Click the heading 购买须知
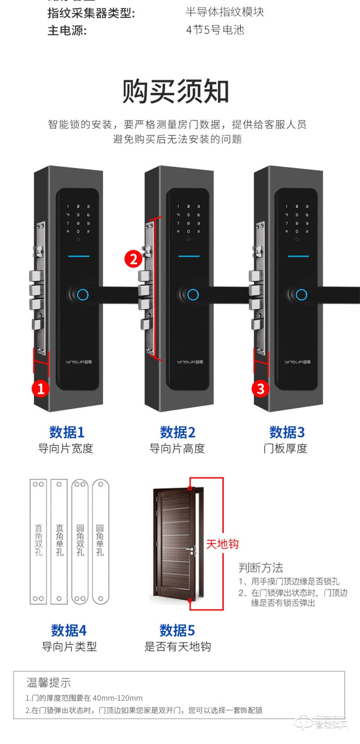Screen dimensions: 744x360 [x=175, y=91]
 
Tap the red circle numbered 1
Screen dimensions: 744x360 [x=40, y=388]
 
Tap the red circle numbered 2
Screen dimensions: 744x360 [x=133, y=259]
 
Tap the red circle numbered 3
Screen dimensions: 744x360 [x=261, y=388]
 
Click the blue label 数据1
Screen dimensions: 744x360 [x=67, y=432]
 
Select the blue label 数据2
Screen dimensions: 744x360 [x=177, y=432]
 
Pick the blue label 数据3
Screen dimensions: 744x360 [x=287, y=432]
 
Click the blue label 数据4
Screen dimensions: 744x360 [x=68, y=630]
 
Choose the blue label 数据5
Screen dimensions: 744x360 [x=177, y=630]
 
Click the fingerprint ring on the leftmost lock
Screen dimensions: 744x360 [x=82, y=295]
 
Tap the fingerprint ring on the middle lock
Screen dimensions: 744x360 [x=193, y=295]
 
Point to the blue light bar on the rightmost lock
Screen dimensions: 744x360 [x=298, y=257]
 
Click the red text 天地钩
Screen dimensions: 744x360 [x=222, y=544]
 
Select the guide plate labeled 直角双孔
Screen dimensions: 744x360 [x=38, y=541]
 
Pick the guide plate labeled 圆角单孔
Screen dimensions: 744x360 [x=100, y=541]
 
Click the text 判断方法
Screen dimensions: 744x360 [x=261, y=568]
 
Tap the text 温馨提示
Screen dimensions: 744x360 [x=49, y=683]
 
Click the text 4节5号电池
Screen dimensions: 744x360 [x=215, y=30]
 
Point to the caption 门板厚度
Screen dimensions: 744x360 [x=285, y=448]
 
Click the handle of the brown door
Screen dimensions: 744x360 [x=192, y=550]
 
